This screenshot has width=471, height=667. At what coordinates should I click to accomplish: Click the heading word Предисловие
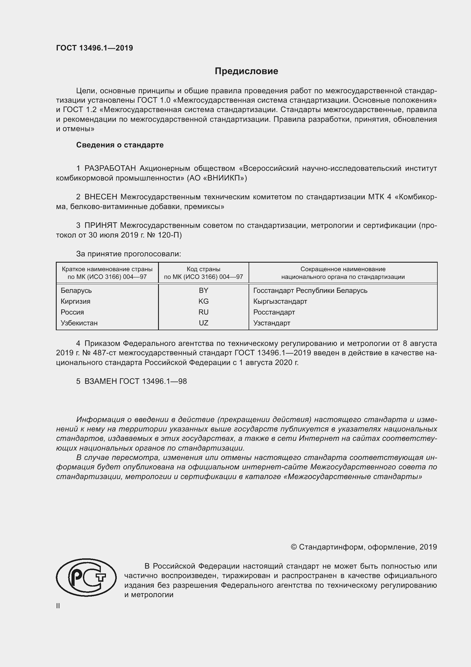pyautogui.click(x=246, y=71)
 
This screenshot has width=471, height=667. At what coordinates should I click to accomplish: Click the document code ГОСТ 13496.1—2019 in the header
pyautogui.click(x=95, y=48)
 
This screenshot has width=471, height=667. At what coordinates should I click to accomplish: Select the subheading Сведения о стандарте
pyautogui.click(x=120, y=145)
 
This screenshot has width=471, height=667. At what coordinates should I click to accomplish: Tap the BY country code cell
pyautogui.click(x=203, y=291)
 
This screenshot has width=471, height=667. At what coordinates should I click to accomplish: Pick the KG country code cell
pyautogui.click(x=203, y=301)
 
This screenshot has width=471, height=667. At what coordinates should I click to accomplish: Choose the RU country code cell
pyautogui.click(x=203, y=312)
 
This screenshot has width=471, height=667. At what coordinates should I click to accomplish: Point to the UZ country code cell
pyautogui.click(x=203, y=323)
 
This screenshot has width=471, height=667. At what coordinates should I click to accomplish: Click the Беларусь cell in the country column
pyautogui.click(x=76, y=291)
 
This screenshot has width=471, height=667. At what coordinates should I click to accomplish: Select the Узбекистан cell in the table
pyautogui.click(x=79, y=323)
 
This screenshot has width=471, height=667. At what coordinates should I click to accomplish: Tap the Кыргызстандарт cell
pyautogui.click(x=280, y=301)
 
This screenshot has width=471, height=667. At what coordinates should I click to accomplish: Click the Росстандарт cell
pyautogui.click(x=274, y=312)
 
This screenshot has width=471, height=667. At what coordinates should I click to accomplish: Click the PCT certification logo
pyautogui.click(x=86, y=578)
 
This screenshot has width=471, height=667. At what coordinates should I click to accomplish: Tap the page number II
pyautogui.click(x=58, y=606)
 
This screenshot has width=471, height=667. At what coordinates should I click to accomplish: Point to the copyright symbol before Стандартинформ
pyautogui.click(x=294, y=547)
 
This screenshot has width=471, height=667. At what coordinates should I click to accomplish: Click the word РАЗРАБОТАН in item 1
pyautogui.click(x=110, y=168)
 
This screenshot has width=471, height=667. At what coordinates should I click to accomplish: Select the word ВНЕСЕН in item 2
pyautogui.click(x=101, y=197)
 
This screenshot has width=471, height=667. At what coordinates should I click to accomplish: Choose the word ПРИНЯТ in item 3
pyautogui.click(x=101, y=225)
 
